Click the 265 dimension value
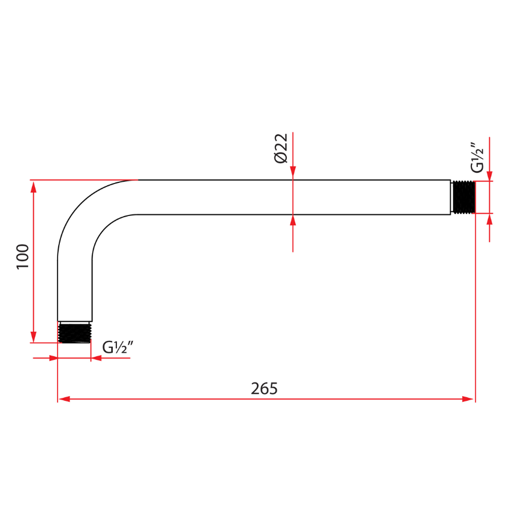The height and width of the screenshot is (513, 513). [264, 388]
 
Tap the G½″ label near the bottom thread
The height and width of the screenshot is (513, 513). [118, 347]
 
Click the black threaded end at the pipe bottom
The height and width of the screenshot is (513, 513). [75, 332]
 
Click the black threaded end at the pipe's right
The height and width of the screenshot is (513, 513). [463, 197]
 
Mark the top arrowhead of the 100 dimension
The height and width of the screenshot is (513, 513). [34, 187]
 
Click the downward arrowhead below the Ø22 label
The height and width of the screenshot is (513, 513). [293, 173]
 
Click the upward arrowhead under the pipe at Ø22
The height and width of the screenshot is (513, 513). [293, 221]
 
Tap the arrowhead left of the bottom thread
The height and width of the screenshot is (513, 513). [52, 358]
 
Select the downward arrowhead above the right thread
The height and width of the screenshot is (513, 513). [490, 175]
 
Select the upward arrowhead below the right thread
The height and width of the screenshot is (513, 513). [490, 220]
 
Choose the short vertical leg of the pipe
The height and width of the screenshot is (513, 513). [75, 291]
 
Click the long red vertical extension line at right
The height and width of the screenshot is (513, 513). [475, 308]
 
